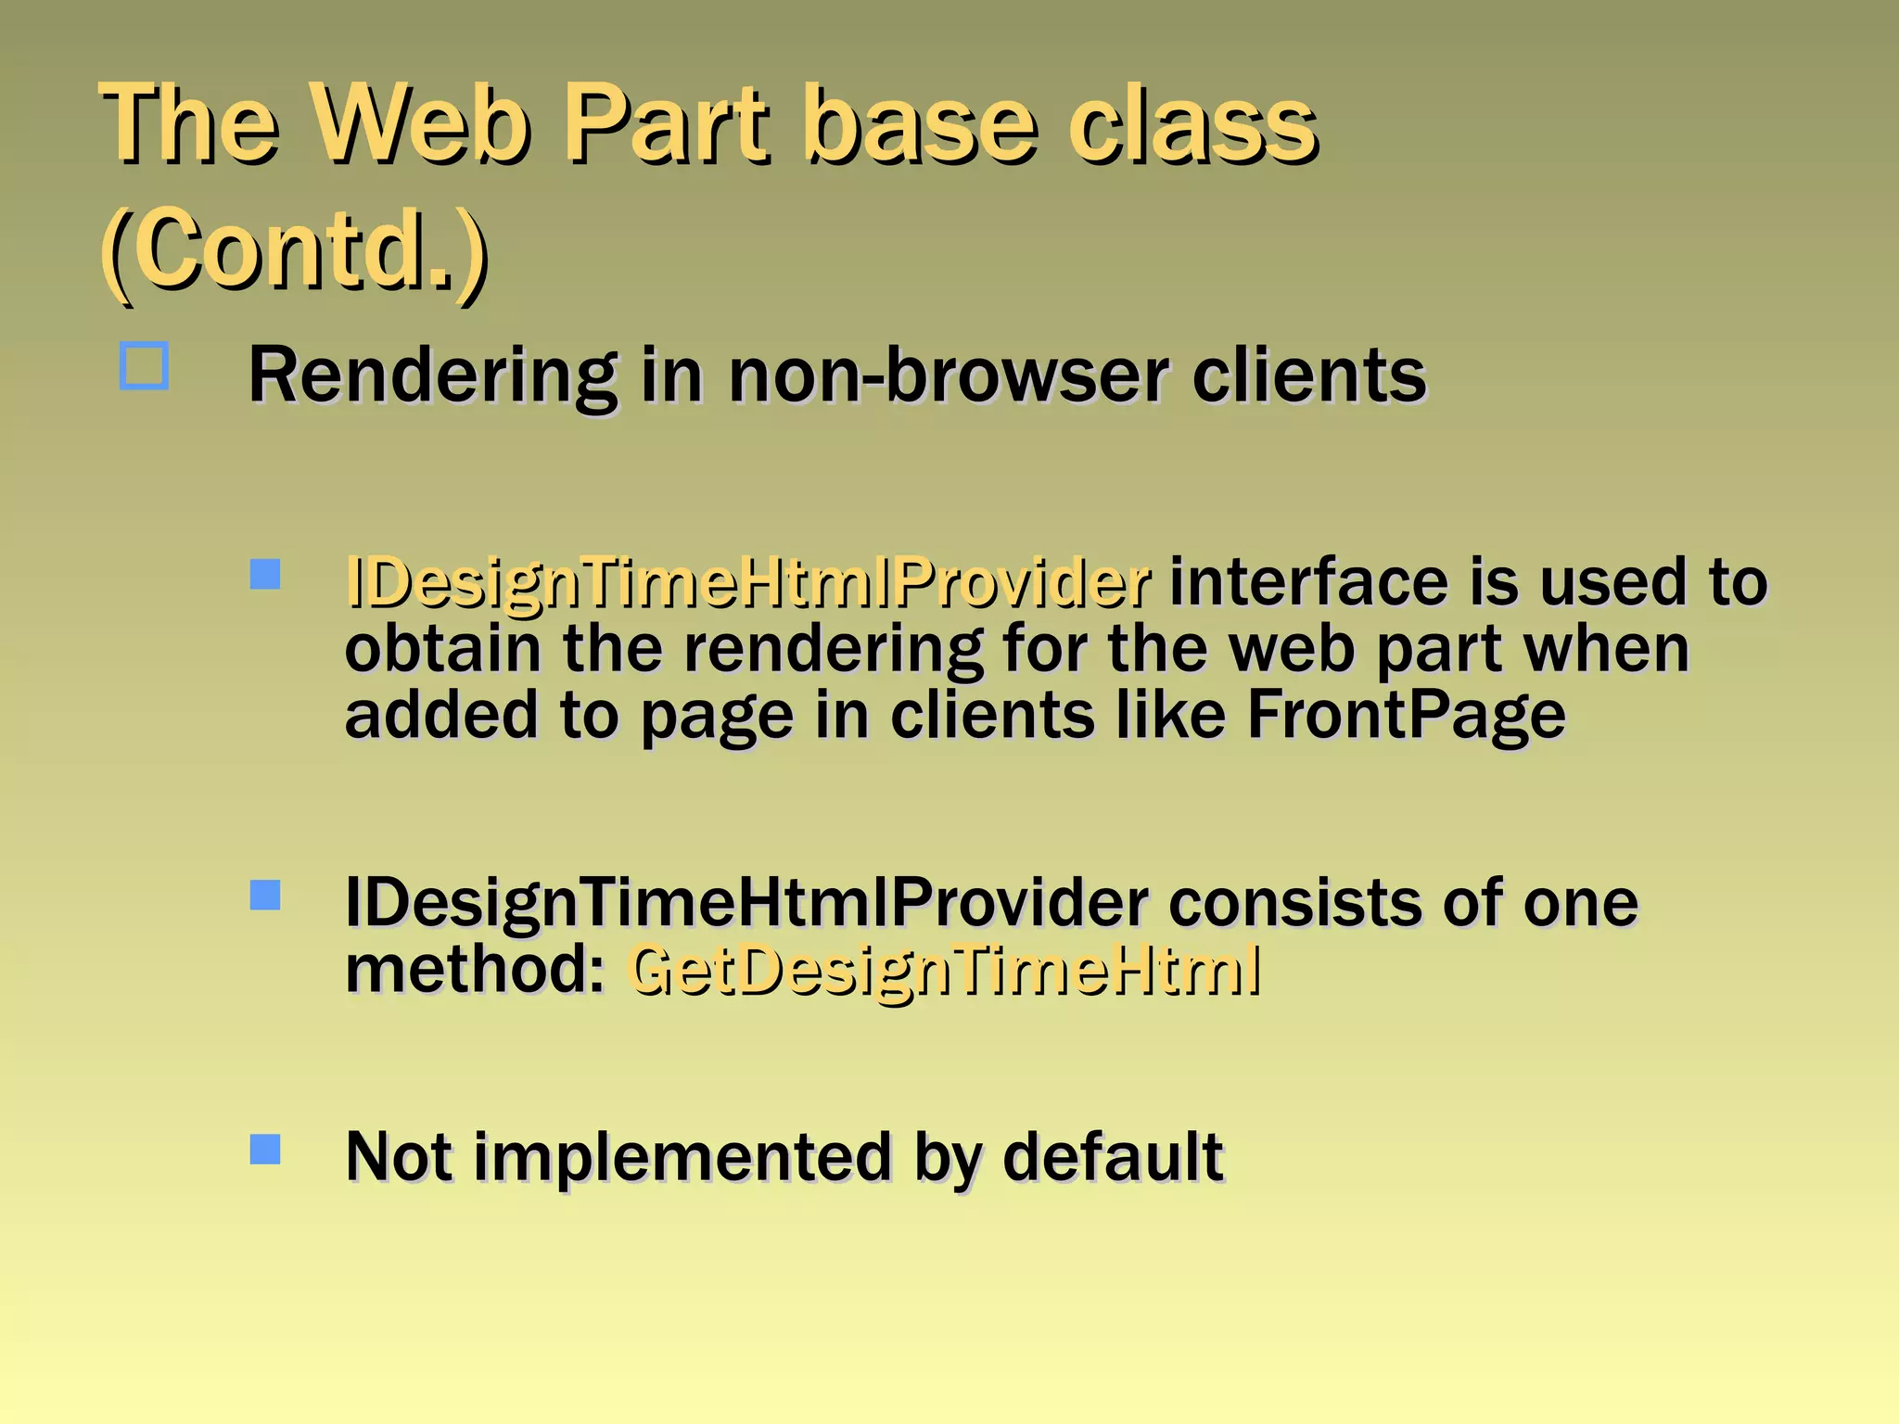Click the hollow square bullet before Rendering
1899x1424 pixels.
pos(145,366)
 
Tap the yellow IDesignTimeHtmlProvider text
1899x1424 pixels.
pos(747,584)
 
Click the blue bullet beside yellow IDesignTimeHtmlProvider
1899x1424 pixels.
pos(265,574)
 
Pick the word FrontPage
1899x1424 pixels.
pos(1406,715)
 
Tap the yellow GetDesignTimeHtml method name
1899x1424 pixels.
pos(944,970)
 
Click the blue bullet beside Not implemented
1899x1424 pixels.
pos(265,1150)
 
